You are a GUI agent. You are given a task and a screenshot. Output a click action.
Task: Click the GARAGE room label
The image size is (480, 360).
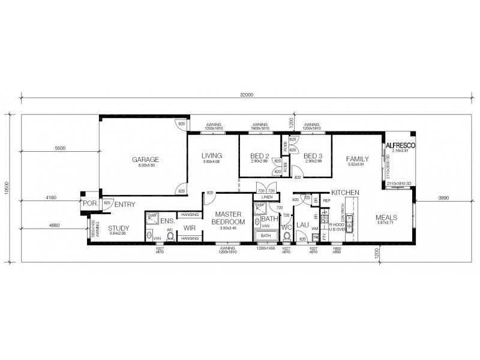tap(146, 160)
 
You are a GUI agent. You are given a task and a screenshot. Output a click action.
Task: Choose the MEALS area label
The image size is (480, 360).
tap(386, 217)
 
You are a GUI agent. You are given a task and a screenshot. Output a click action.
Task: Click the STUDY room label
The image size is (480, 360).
tap(118, 228)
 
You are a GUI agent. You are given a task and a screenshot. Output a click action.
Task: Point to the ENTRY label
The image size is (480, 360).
tap(124, 205)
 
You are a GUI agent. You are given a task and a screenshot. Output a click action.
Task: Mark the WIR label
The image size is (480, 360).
tap(190, 228)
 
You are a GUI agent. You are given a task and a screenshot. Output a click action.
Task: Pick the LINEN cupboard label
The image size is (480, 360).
tap(267, 197)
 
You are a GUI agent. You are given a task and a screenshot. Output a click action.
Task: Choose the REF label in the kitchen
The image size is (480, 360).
tap(327, 200)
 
